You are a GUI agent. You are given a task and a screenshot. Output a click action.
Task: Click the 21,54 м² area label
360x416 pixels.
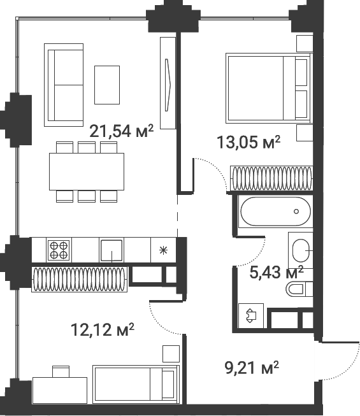pyautogui.click(x=121, y=132)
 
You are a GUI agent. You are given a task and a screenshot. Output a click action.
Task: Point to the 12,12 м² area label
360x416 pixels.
pyautogui.click(x=102, y=329)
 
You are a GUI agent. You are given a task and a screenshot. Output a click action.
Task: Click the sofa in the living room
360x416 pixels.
pyautogui.click(x=63, y=84)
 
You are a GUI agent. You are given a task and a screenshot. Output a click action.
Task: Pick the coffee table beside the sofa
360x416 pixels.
pyautogui.click(x=107, y=84)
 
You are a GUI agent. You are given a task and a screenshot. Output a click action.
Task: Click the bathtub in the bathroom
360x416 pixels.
pyautogui.click(x=275, y=212)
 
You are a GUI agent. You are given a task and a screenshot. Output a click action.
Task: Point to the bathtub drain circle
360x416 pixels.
pyautogui.click(x=296, y=212)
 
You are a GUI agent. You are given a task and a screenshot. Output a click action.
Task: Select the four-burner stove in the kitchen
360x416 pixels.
pyautogui.click(x=59, y=249)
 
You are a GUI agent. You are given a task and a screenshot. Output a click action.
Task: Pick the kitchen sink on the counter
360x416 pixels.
pyautogui.click(x=112, y=250)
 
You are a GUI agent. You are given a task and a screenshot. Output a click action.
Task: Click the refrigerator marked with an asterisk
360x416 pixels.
pyautogui.click(x=162, y=250)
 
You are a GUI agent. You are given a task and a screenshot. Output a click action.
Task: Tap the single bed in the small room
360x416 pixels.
pyautogui.click(x=134, y=384)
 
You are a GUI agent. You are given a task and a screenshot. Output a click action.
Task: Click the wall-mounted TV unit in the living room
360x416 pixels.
pyautogui.click(x=168, y=83)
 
